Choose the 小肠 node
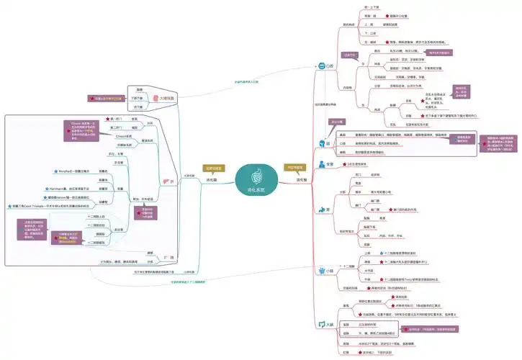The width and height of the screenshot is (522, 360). pyautogui.click(x=330, y=271)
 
